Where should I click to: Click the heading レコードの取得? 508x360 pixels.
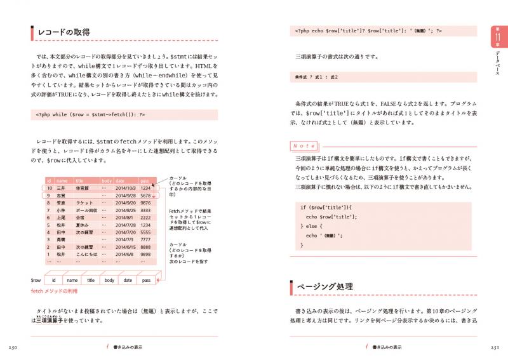(64, 32)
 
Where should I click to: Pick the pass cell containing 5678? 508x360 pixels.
(146, 196)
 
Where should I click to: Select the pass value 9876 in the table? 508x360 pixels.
(146, 203)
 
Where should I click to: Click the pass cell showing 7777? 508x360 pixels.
(146, 239)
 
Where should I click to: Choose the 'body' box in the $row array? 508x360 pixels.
(109, 279)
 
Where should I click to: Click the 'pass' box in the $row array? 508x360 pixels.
(146, 279)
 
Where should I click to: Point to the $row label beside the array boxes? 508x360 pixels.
(36, 279)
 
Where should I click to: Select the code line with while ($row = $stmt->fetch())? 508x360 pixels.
(90, 116)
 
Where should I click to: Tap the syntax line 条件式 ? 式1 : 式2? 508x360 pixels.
(317, 77)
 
